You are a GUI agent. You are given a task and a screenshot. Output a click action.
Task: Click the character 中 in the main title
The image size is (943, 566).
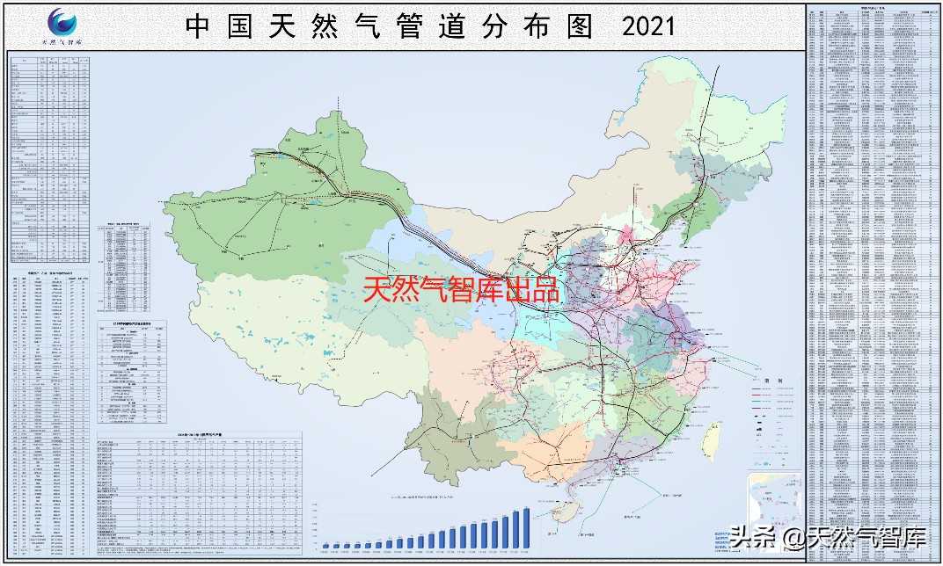(198, 26)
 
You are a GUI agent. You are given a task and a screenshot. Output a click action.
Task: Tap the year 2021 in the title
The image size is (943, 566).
(648, 26)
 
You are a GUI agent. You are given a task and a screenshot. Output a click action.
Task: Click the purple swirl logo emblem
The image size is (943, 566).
(62, 20)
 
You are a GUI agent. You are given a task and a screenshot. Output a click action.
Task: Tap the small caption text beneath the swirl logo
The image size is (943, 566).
(62, 40)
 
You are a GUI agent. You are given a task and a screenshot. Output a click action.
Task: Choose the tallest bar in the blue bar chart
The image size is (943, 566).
(526, 526)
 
